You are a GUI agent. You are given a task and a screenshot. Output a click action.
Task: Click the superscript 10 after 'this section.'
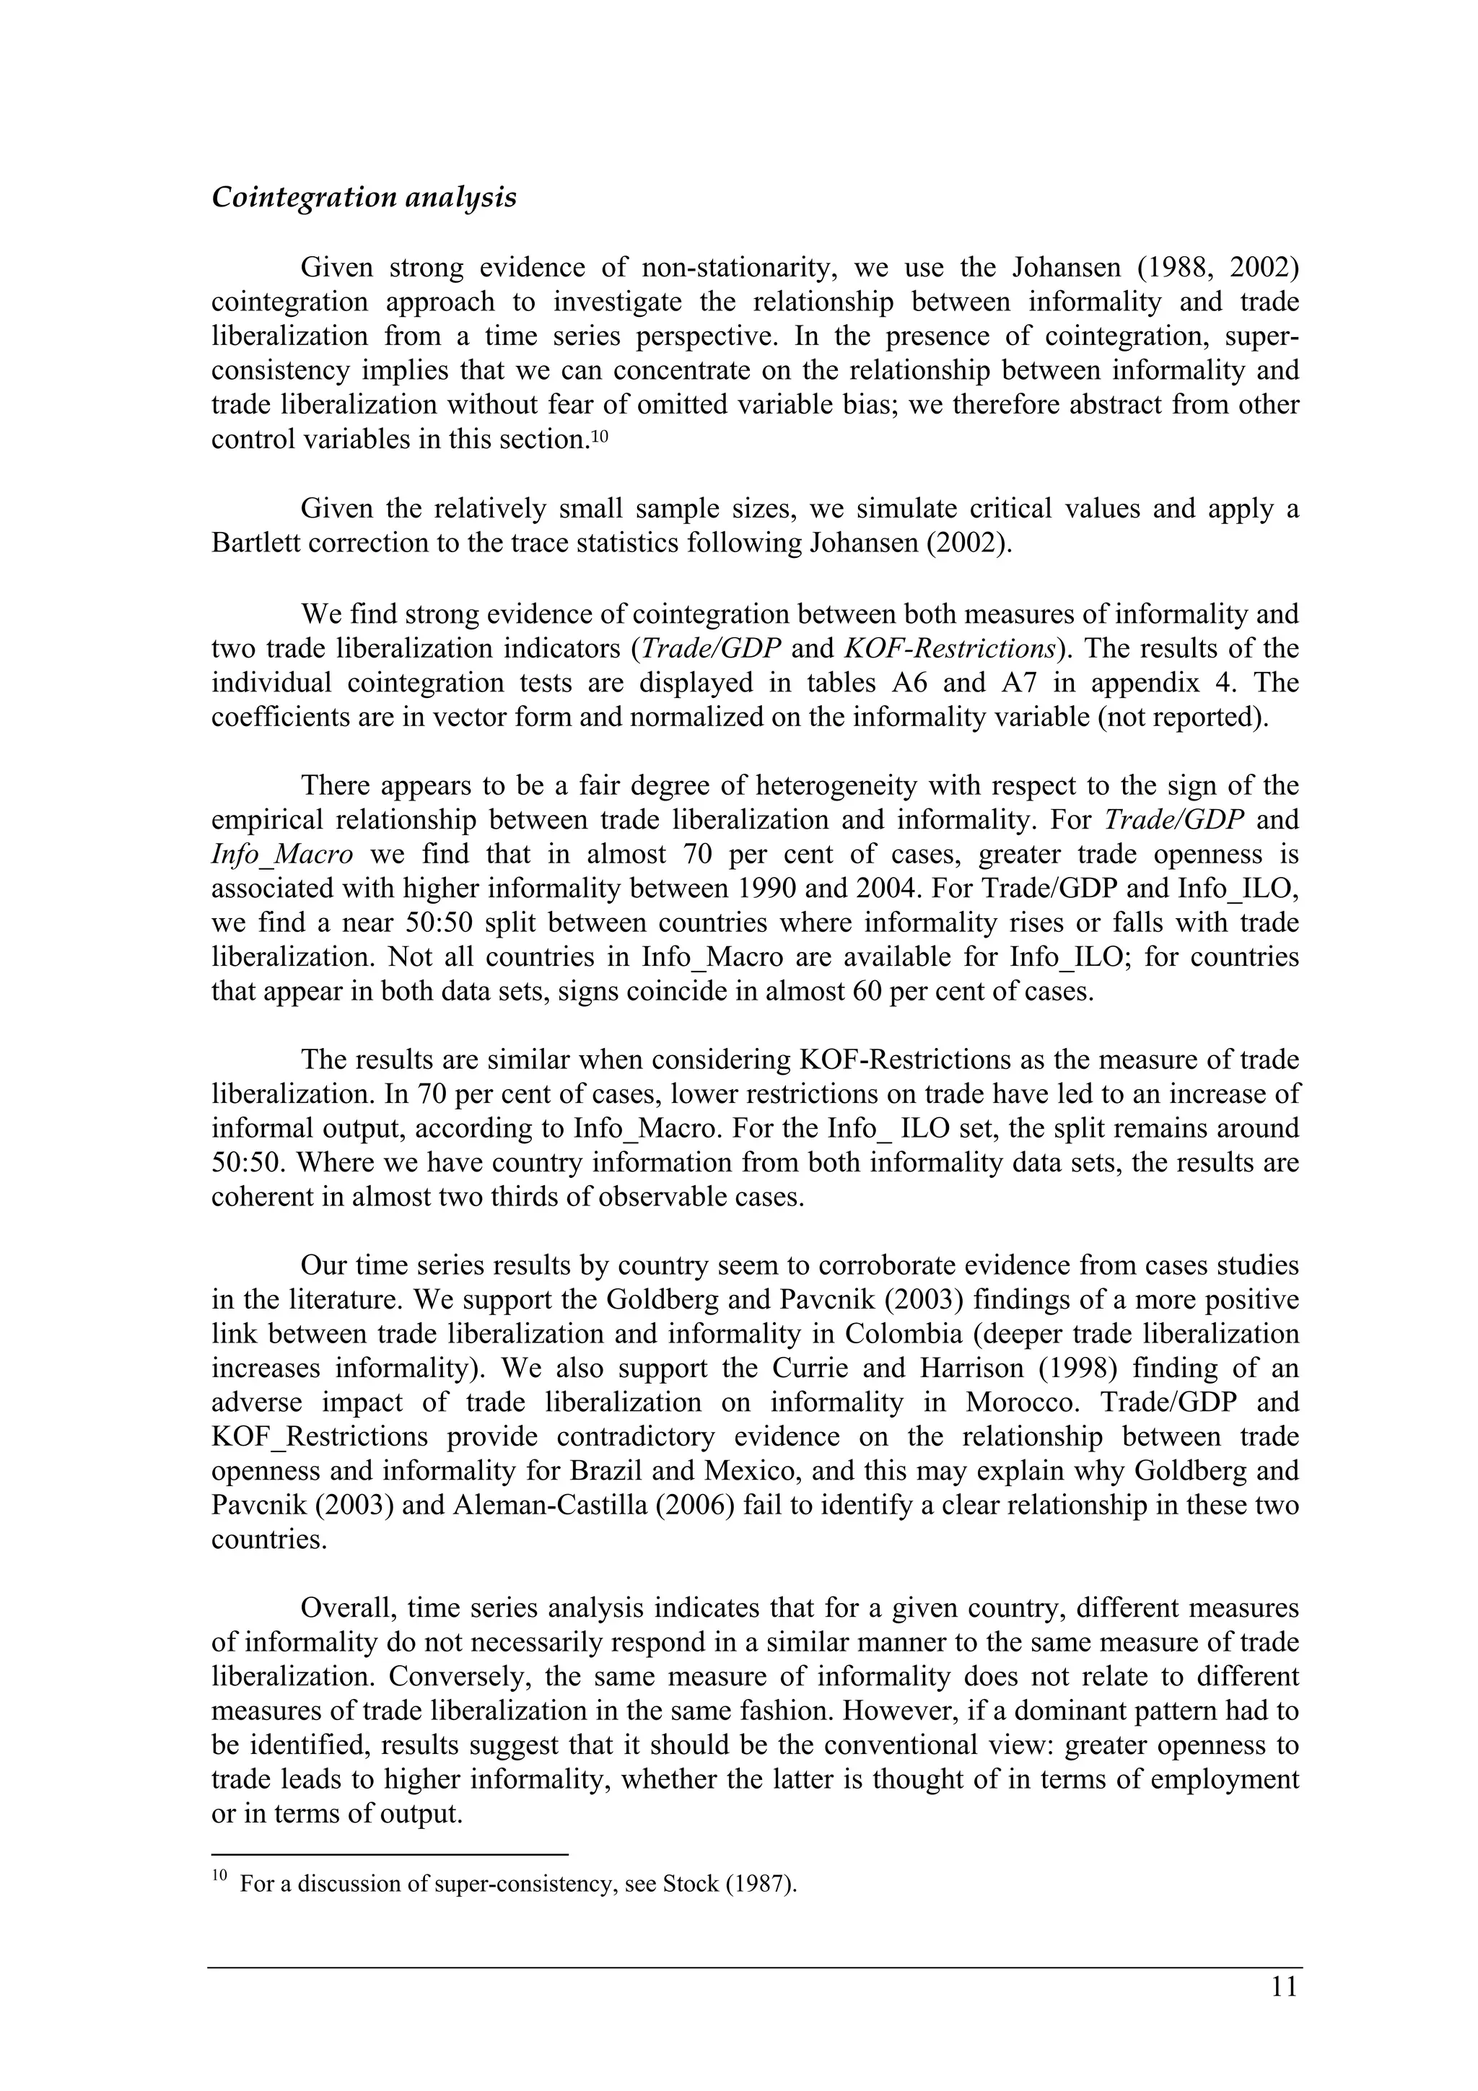[598, 435]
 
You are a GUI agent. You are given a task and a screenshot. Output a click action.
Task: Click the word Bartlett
[256, 543]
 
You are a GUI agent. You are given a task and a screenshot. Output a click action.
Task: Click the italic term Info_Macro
[281, 855]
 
